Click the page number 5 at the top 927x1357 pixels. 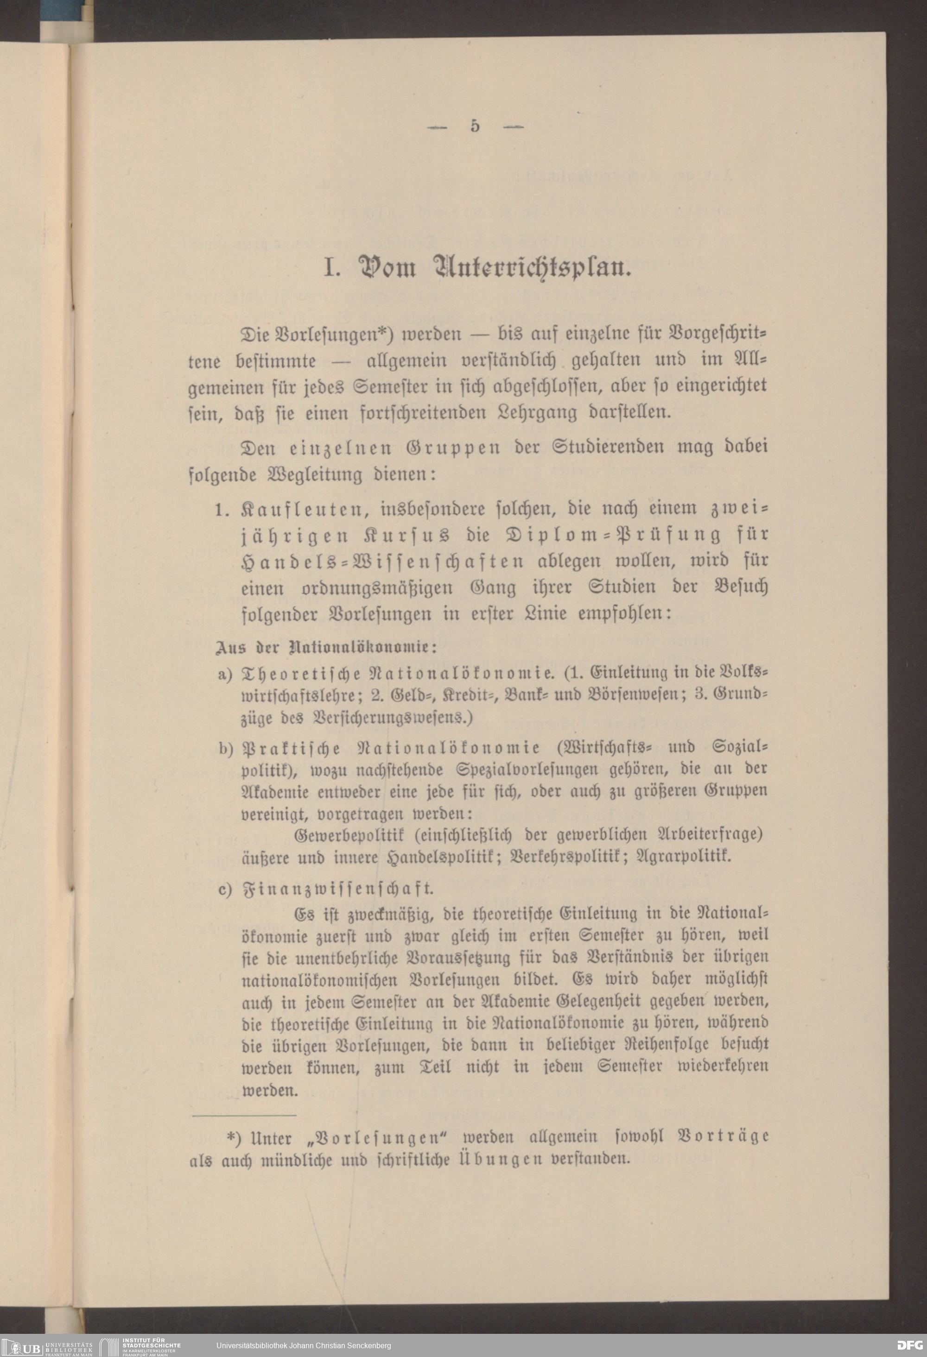point(474,126)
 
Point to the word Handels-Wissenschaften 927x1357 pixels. point(381,561)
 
